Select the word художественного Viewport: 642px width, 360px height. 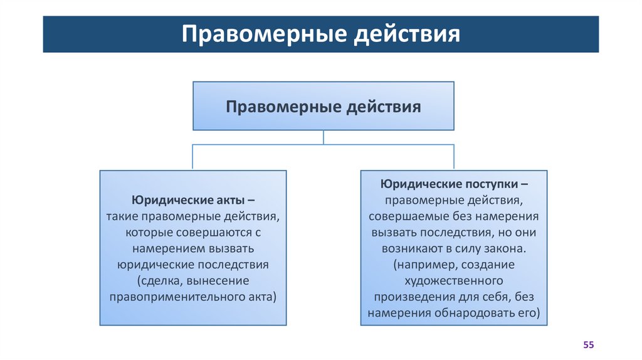tap(454, 280)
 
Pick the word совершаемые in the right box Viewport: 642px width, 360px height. tap(407, 216)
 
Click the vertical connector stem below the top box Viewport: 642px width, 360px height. tap(324, 137)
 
